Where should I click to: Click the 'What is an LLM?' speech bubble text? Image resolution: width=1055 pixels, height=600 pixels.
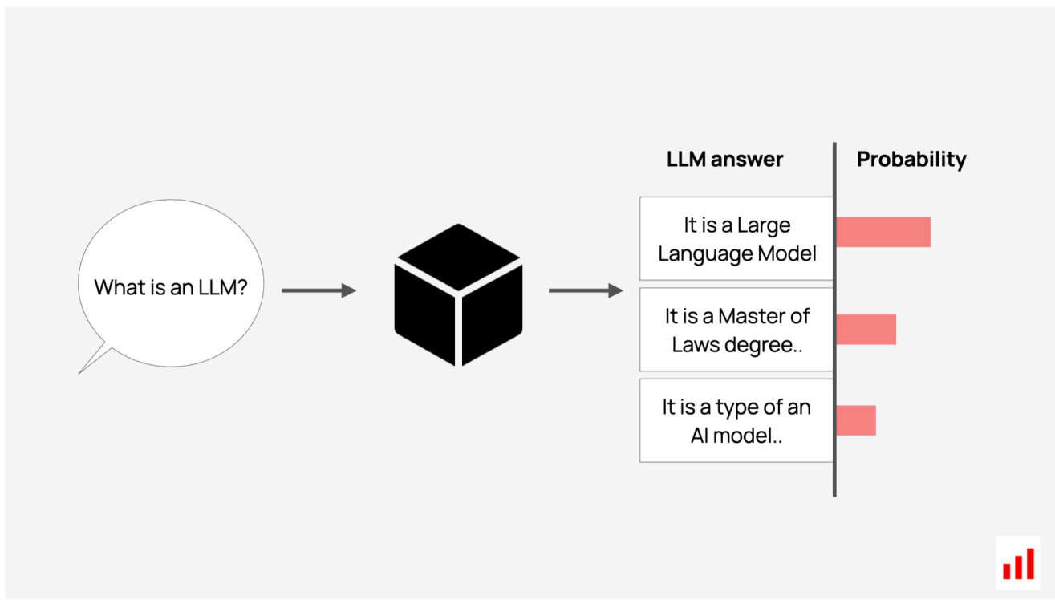[171, 287]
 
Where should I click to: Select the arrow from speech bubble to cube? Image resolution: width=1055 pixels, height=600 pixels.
[319, 290]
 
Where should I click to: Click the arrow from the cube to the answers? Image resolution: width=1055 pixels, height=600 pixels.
[586, 290]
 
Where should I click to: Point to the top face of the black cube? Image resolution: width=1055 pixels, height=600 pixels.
[458, 257]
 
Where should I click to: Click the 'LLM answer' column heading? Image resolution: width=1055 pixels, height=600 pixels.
[724, 159]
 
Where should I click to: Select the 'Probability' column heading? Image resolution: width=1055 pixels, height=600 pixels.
[911, 160]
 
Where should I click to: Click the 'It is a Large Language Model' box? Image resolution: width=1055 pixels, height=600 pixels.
[736, 238]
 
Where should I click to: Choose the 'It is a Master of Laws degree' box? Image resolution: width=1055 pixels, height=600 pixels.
[736, 329]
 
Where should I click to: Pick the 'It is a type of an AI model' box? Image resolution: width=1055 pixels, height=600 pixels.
[736, 420]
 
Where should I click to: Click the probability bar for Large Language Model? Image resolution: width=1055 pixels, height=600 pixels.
[883, 232]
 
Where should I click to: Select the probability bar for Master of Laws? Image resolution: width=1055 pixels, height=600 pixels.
[866, 329]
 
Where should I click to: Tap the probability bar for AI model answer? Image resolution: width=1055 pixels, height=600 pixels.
[856, 420]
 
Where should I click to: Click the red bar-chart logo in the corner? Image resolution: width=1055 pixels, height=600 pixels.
[1018, 563]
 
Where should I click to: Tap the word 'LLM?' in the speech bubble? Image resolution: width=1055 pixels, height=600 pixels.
[223, 287]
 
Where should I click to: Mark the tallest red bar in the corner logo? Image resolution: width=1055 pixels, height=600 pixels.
[1030, 564]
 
